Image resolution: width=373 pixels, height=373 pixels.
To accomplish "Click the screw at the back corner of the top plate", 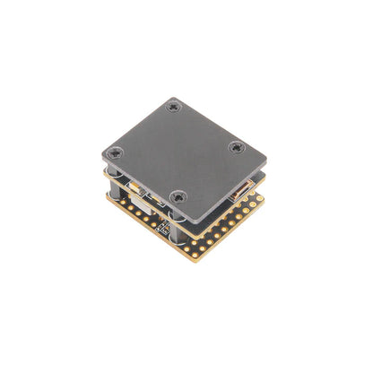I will (174, 107).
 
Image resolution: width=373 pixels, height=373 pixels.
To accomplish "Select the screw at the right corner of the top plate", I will (235, 147).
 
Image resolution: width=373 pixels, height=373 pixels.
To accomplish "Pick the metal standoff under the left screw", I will (115, 176).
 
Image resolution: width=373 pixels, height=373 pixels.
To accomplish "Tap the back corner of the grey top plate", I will (173, 98).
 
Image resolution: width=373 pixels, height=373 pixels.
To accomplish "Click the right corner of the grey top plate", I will (267, 161).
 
